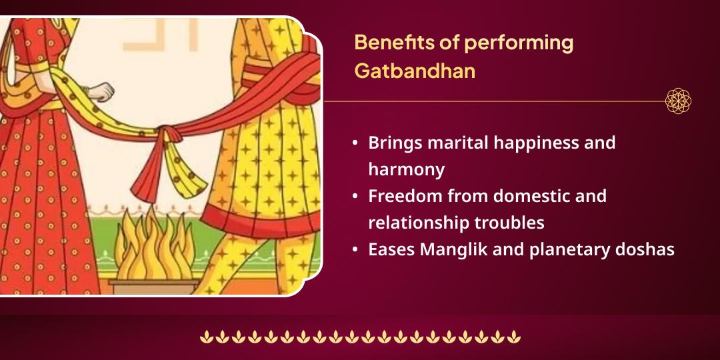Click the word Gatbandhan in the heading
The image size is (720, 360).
click(x=415, y=71)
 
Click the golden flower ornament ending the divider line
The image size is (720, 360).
click(x=678, y=101)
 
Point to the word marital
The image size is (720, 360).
click(x=453, y=143)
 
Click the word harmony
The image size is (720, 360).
click(x=406, y=169)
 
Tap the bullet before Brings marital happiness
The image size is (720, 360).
click(x=355, y=143)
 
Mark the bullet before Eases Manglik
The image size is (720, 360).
click(x=355, y=250)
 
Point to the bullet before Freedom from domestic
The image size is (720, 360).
click(x=355, y=197)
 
